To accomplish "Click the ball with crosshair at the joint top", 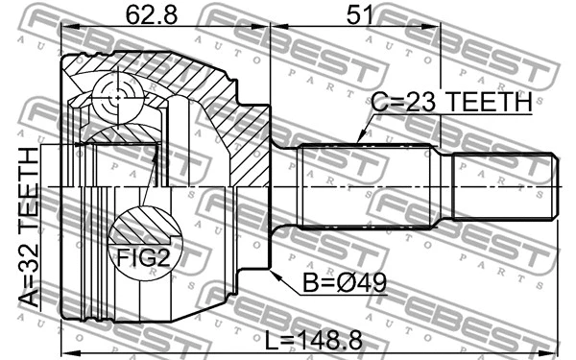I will pyautogui.click(x=116, y=97).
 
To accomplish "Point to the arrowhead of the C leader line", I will pyautogui.click(x=359, y=141).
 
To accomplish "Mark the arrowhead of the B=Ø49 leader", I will pyautogui.click(x=276, y=275).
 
